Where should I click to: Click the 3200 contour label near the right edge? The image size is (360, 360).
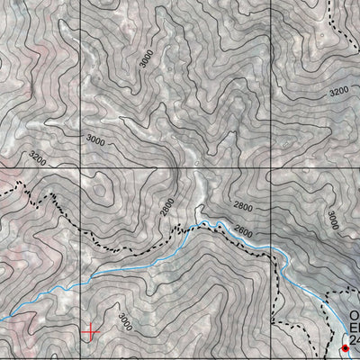click(338, 92)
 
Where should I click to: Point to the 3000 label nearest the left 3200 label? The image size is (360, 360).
click(95, 140)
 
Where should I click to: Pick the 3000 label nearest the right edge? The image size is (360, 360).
click(332, 219)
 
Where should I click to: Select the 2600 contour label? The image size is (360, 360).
click(243, 230)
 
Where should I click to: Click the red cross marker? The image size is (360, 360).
click(90, 332)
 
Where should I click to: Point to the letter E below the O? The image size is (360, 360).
click(354, 330)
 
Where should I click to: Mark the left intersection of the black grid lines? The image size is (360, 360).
click(81, 168)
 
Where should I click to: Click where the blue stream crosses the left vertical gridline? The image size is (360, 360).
click(81, 276)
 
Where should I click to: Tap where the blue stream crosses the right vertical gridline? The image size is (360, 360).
click(270, 249)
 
